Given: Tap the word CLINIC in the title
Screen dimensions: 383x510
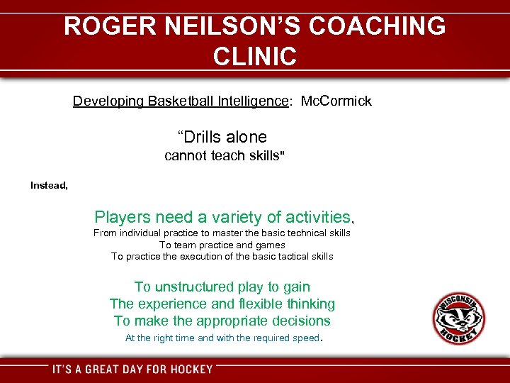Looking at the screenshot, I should pos(254,56).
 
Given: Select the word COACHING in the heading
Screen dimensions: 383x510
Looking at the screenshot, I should pos(376,26).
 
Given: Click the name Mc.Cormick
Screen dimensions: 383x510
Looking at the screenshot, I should pos(336,101).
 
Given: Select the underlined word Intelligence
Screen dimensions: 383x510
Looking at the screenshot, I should pos(251,101).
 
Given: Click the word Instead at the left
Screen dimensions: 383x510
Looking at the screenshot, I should pos(48,185).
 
